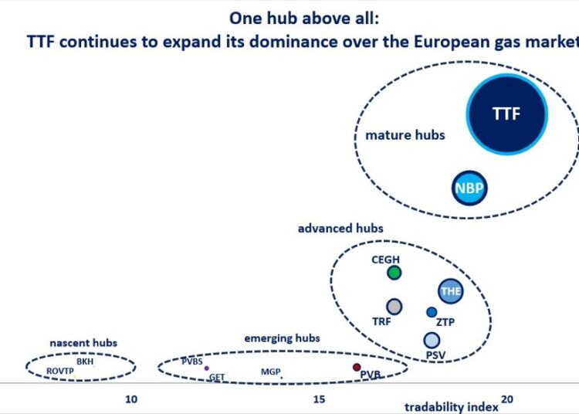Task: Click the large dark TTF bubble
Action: pos(507,114)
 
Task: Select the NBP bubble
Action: pos(470,188)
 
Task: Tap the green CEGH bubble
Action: pos(394,273)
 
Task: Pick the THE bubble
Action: pos(450,291)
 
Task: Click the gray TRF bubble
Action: pos(394,307)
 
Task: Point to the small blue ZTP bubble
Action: pos(432,312)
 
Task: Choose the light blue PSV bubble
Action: pos(432,340)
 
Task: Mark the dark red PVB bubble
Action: pos(357,367)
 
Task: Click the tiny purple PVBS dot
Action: pos(206,368)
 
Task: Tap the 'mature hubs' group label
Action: pos(405,135)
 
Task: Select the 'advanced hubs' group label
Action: pos(340,229)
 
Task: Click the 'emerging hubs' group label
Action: pos(282,338)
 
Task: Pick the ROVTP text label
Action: pos(59,372)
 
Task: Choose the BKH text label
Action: pos(84,361)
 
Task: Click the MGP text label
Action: pos(270,372)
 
